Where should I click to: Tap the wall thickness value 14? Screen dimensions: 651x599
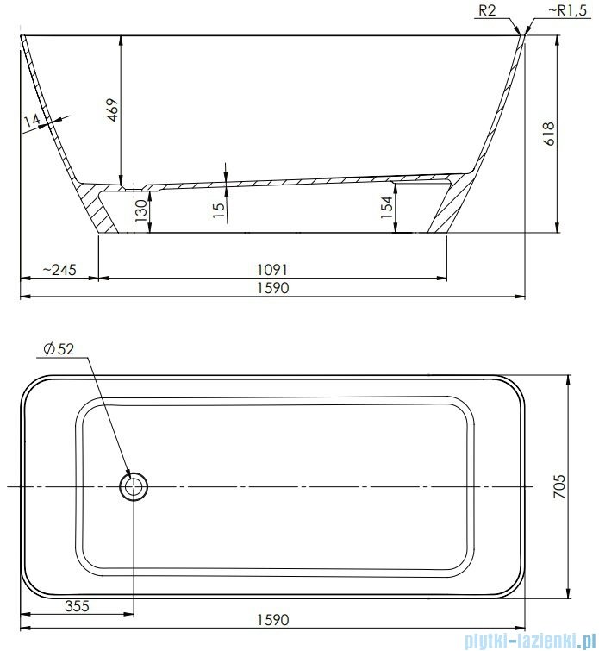(x=32, y=122)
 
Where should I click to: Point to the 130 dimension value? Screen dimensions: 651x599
(x=140, y=209)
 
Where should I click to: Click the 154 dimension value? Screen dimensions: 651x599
(x=387, y=206)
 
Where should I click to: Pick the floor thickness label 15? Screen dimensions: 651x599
(x=219, y=205)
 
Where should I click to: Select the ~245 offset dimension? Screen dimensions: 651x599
(x=59, y=270)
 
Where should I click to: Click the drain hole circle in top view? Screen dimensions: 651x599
(x=133, y=487)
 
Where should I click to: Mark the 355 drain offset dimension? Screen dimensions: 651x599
(x=78, y=604)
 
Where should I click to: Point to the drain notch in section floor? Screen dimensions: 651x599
(x=133, y=185)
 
